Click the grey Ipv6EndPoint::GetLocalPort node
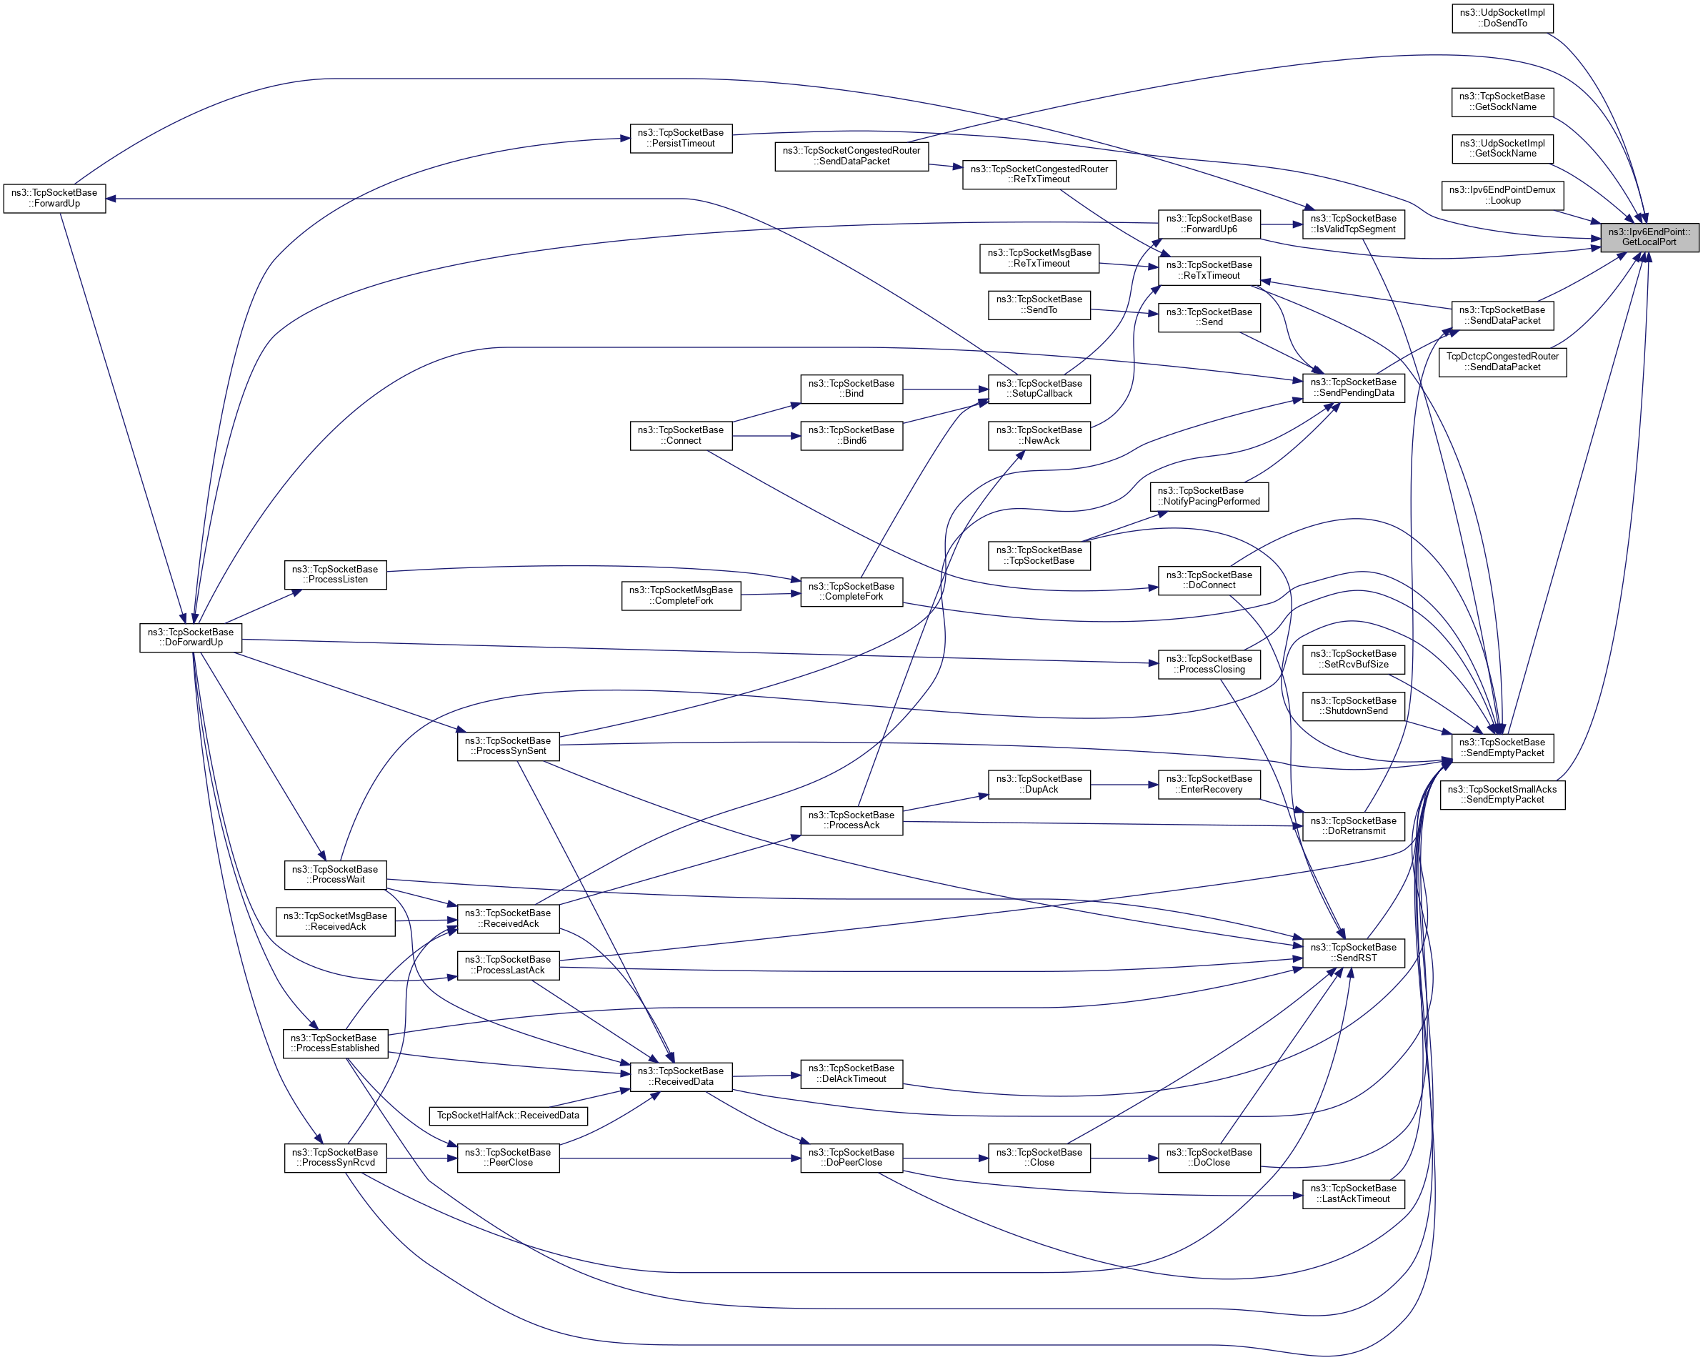[1649, 237]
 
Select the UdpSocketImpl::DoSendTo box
[1502, 18]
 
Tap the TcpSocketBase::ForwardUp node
[54, 199]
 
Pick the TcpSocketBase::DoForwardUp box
[190, 637]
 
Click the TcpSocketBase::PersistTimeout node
[681, 139]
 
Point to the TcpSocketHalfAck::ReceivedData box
[508, 1116]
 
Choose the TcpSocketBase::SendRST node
[1353, 953]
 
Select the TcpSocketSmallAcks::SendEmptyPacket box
[1502, 795]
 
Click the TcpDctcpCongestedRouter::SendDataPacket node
[1502, 362]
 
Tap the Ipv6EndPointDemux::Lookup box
[1502, 195]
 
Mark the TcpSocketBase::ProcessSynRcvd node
[336, 1158]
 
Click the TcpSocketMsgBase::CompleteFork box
[681, 596]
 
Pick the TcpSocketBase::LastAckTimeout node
[1353, 1194]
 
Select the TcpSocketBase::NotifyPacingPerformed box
[1209, 496]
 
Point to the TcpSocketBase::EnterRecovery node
[1209, 785]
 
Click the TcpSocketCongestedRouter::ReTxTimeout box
[1039, 174]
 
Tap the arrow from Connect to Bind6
[766, 436]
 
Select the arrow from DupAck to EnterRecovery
[1124, 785]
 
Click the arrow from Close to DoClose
[1124, 1158]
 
